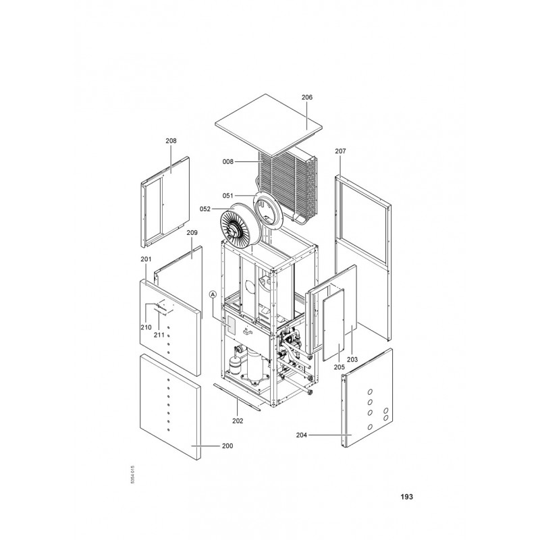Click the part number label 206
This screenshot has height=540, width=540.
pos(307,97)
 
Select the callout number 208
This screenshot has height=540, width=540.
pos(171,141)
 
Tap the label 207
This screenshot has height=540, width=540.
pos(340,151)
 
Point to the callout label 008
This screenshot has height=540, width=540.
pos(227,161)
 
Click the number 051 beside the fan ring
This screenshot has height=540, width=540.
pos(227,196)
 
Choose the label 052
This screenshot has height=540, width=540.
pos(205,209)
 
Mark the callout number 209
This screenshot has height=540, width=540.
pos(192,233)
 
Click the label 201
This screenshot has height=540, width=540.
pos(146,259)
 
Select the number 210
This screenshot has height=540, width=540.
pos(146,327)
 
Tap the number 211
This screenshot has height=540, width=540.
pos(159,335)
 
